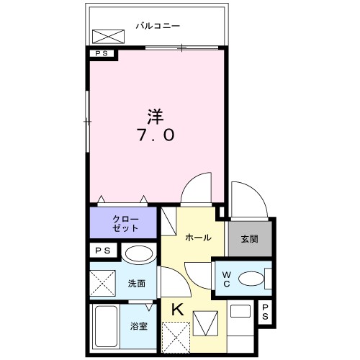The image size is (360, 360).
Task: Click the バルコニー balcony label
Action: (x=158, y=27)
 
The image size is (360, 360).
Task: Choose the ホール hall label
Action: (x=198, y=238)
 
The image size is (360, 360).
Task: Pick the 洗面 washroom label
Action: (x=138, y=284)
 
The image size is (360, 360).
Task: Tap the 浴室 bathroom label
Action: (x=140, y=326)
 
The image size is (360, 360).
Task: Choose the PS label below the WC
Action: (x=265, y=312)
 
